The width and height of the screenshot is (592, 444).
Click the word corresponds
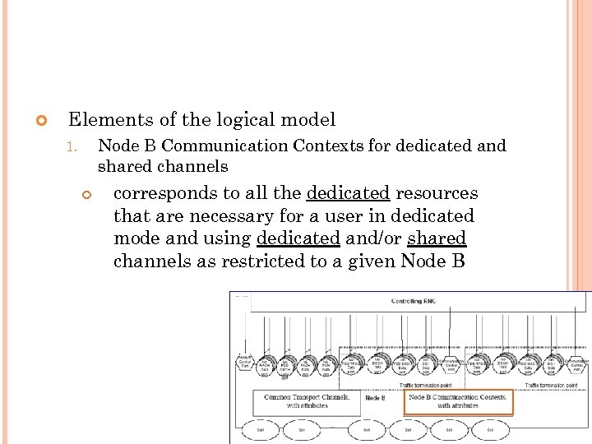pyautogui.click(x=165, y=193)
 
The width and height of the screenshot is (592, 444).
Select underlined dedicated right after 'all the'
pyautogui.click(x=348, y=193)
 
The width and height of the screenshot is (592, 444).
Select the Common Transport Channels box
pyautogui.click(x=307, y=401)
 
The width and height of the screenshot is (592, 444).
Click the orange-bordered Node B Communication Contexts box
pyautogui.click(x=458, y=401)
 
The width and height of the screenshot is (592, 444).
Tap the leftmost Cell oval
pyautogui.click(x=259, y=429)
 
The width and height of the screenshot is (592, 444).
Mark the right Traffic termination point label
pyautogui.click(x=553, y=385)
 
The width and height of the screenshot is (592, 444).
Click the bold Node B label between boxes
pyautogui.click(x=374, y=398)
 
